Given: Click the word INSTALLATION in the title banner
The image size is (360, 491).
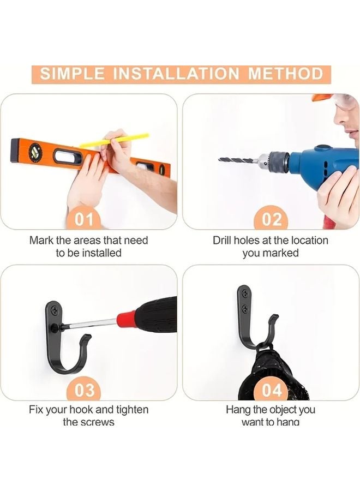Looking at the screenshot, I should click(182, 74).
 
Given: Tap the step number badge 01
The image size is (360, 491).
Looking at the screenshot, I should click(83, 219).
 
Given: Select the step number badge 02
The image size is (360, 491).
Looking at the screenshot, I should click(272, 219).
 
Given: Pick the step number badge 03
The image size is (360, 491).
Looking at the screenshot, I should click(83, 390).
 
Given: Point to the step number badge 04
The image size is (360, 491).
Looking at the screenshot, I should click(272, 390).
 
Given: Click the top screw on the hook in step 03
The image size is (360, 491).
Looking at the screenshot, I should click(53, 310).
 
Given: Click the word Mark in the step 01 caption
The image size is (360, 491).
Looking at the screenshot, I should click(42, 240).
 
